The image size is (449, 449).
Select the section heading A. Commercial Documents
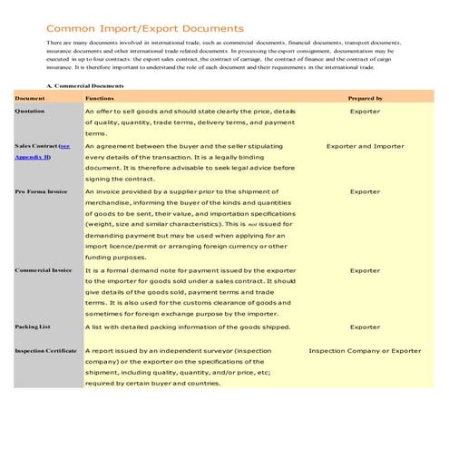click(84, 85)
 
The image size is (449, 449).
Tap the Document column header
click(30, 97)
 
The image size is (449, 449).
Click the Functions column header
click(100, 97)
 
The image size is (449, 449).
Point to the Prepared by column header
click(365, 97)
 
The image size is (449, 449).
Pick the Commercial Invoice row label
click(44, 270)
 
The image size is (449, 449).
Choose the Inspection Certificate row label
click(46, 349)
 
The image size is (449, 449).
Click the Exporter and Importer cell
click(365, 145)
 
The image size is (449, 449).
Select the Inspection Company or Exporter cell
click(365, 349)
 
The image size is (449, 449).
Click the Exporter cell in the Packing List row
click(365, 327)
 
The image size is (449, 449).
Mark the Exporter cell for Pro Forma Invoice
click(365, 192)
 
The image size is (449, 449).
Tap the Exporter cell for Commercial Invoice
click(365, 270)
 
